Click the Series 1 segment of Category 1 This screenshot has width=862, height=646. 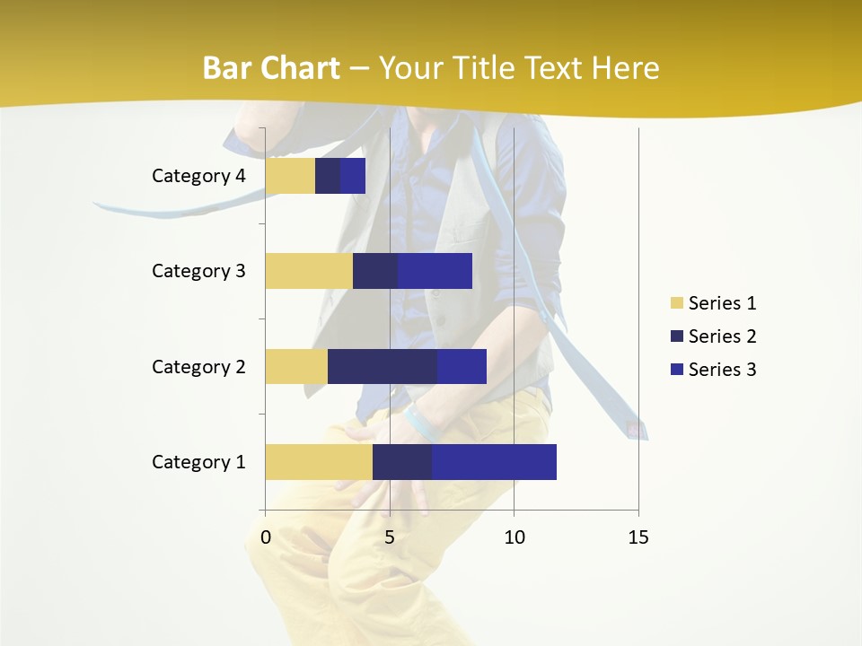pyautogui.click(x=319, y=462)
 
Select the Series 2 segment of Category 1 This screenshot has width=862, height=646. pyautogui.click(x=402, y=462)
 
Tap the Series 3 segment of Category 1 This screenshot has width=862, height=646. pyautogui.click(x=494, y=462)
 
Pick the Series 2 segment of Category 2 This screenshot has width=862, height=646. pyautogui.click(x=383, y=366)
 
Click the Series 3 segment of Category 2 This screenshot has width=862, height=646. pyautogui.click(x=462, y=366)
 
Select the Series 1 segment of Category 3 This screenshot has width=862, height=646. pyautogui.click(x=309, y=271)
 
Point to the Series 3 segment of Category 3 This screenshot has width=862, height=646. pyautogui.click(x=435, y=271)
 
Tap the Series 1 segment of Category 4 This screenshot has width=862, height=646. pyautogui.click(x=290, y=176)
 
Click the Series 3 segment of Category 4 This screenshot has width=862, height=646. pyautogui.click(x=353, y=176)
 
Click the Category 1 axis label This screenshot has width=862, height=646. pyautogui.click(x=198, y=462)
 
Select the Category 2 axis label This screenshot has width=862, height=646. pyautogui.click(x=198, y=367)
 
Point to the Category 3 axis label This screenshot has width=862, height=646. pyautogui.click(x=198, y=271)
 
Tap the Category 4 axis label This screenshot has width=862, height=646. pyautogui.click(x=198, y=176)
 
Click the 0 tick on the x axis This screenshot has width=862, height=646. pyautogui.click(x=266, y=538)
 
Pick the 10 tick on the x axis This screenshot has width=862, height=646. pyautogui.click(x=514, y=538)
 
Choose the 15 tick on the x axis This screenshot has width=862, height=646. pyautogui.click(x=638, y=538)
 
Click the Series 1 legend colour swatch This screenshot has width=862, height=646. pyautogui.click(x=676, y=303)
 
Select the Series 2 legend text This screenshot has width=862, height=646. pyautogui.click(x=722, y=336)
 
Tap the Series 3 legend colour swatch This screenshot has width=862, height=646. pyautogui.click(x=676, y=370)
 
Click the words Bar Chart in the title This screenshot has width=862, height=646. pyautogui.click(x=270, y=68)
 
